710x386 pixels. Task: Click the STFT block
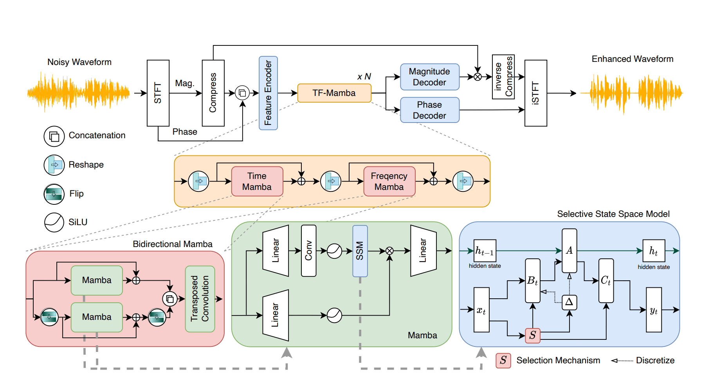coord(158,93)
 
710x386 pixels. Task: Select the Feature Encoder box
coord(268,93)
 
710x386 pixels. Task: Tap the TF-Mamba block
coord(334,93)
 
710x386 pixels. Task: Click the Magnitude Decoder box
coord(429,77)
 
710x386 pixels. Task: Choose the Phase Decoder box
coord(429,110)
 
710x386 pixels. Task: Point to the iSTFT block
coord(535,93)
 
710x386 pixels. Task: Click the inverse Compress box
coord(503,77)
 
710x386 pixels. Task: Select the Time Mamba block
coord(257,181)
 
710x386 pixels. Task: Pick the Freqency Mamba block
coord(389,181)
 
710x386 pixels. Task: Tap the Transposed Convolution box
coord(200,299)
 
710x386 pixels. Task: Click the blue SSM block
coord(360,251)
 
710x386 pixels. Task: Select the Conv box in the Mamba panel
coord(308,251)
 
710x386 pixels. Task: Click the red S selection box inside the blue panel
coord(532,335)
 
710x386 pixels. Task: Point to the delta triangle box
coord(569,302)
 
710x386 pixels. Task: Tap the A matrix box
coord(569,251)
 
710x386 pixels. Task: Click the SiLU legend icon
coord(54,222)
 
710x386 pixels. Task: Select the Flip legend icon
coord(54,194)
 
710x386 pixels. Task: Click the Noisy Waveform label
coord(79,62)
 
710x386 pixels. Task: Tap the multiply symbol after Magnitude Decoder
coord(478,77)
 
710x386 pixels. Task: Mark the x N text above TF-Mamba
coord(364,77)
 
